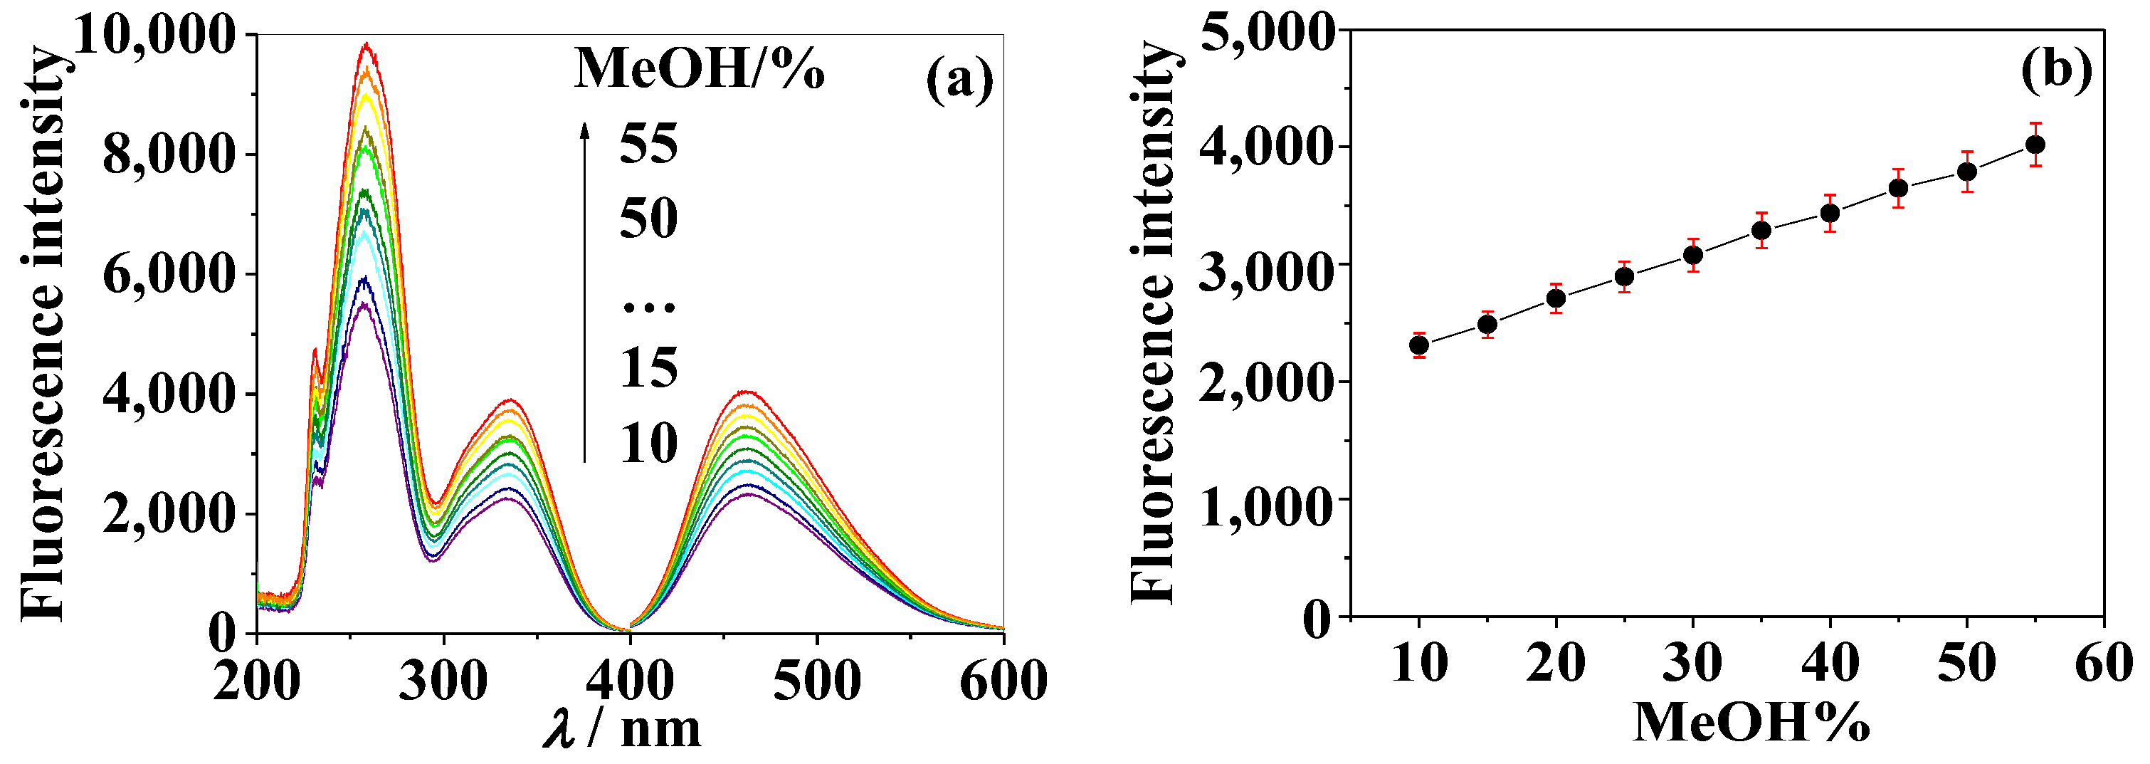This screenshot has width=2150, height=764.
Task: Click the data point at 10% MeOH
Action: [x=1419, y=345]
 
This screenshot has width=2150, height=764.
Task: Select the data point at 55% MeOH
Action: [x=2035, y=145]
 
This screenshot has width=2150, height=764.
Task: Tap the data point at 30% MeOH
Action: [x=1692, y=255]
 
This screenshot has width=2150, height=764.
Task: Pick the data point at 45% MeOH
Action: [x=1899, y=188]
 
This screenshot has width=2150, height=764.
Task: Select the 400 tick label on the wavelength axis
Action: [x=629, y=680]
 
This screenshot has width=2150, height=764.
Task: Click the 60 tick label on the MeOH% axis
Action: [x=2103, y=664]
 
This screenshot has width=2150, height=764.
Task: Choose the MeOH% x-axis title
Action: [x=1751, y=722]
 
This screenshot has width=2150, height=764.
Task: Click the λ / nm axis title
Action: [x=623, y=728]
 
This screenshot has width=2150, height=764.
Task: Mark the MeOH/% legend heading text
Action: [x=700, y=68]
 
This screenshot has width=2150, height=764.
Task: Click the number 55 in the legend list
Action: [x=648, y=144]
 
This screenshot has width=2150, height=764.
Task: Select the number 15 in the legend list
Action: [x=648, y=367]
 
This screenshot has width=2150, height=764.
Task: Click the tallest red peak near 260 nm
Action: [x=364, y=44]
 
